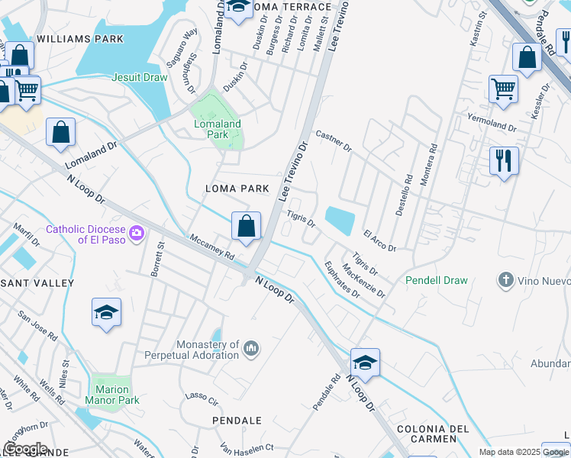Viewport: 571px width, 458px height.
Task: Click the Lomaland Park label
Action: tap(217, 129)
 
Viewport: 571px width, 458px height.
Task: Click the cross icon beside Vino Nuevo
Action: tap(505, 280)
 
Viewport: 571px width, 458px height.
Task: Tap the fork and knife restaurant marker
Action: tap(503, 161)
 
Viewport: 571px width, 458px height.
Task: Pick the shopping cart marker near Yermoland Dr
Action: tap(503, 89)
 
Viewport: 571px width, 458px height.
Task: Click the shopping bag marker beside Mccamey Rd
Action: tap(246, 227)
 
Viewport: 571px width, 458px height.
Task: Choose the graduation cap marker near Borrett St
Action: tap(106, 312)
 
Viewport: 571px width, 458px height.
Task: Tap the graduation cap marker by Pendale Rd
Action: tap(365, 362)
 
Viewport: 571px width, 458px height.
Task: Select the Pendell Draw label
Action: tap(437, 280)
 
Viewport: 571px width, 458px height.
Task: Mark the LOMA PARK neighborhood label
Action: tap(237, 188)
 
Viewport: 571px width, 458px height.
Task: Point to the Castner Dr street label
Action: tap(333, 140)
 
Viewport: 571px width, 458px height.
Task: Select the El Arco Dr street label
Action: tap(379, 241)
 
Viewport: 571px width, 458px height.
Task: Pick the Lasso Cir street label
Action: tap(202, 397)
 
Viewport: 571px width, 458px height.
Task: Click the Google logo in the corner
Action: tap(25, 449)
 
